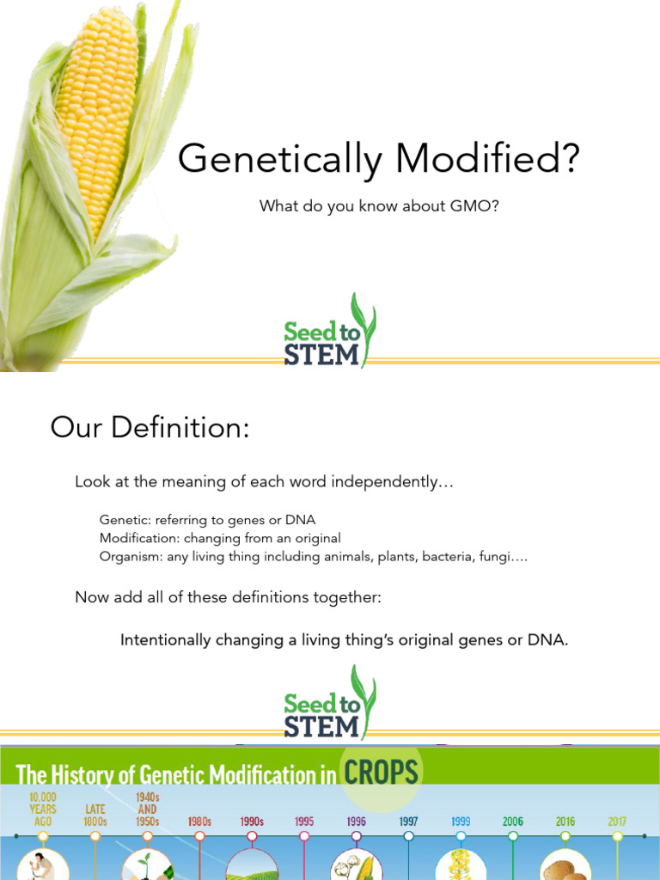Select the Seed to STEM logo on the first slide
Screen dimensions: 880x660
pos(330,333)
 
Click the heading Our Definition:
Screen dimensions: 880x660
pos(150,427)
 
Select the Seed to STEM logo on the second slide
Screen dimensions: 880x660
pos(330,704)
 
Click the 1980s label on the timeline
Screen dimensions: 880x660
pos(200,822)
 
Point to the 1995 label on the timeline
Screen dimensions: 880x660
pos(304,822)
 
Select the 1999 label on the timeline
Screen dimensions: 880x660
pos(461,822)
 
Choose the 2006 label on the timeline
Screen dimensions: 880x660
pos(513,822)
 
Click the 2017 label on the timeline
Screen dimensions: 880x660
pos(617,822)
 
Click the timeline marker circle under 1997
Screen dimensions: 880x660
pos(409,835)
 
